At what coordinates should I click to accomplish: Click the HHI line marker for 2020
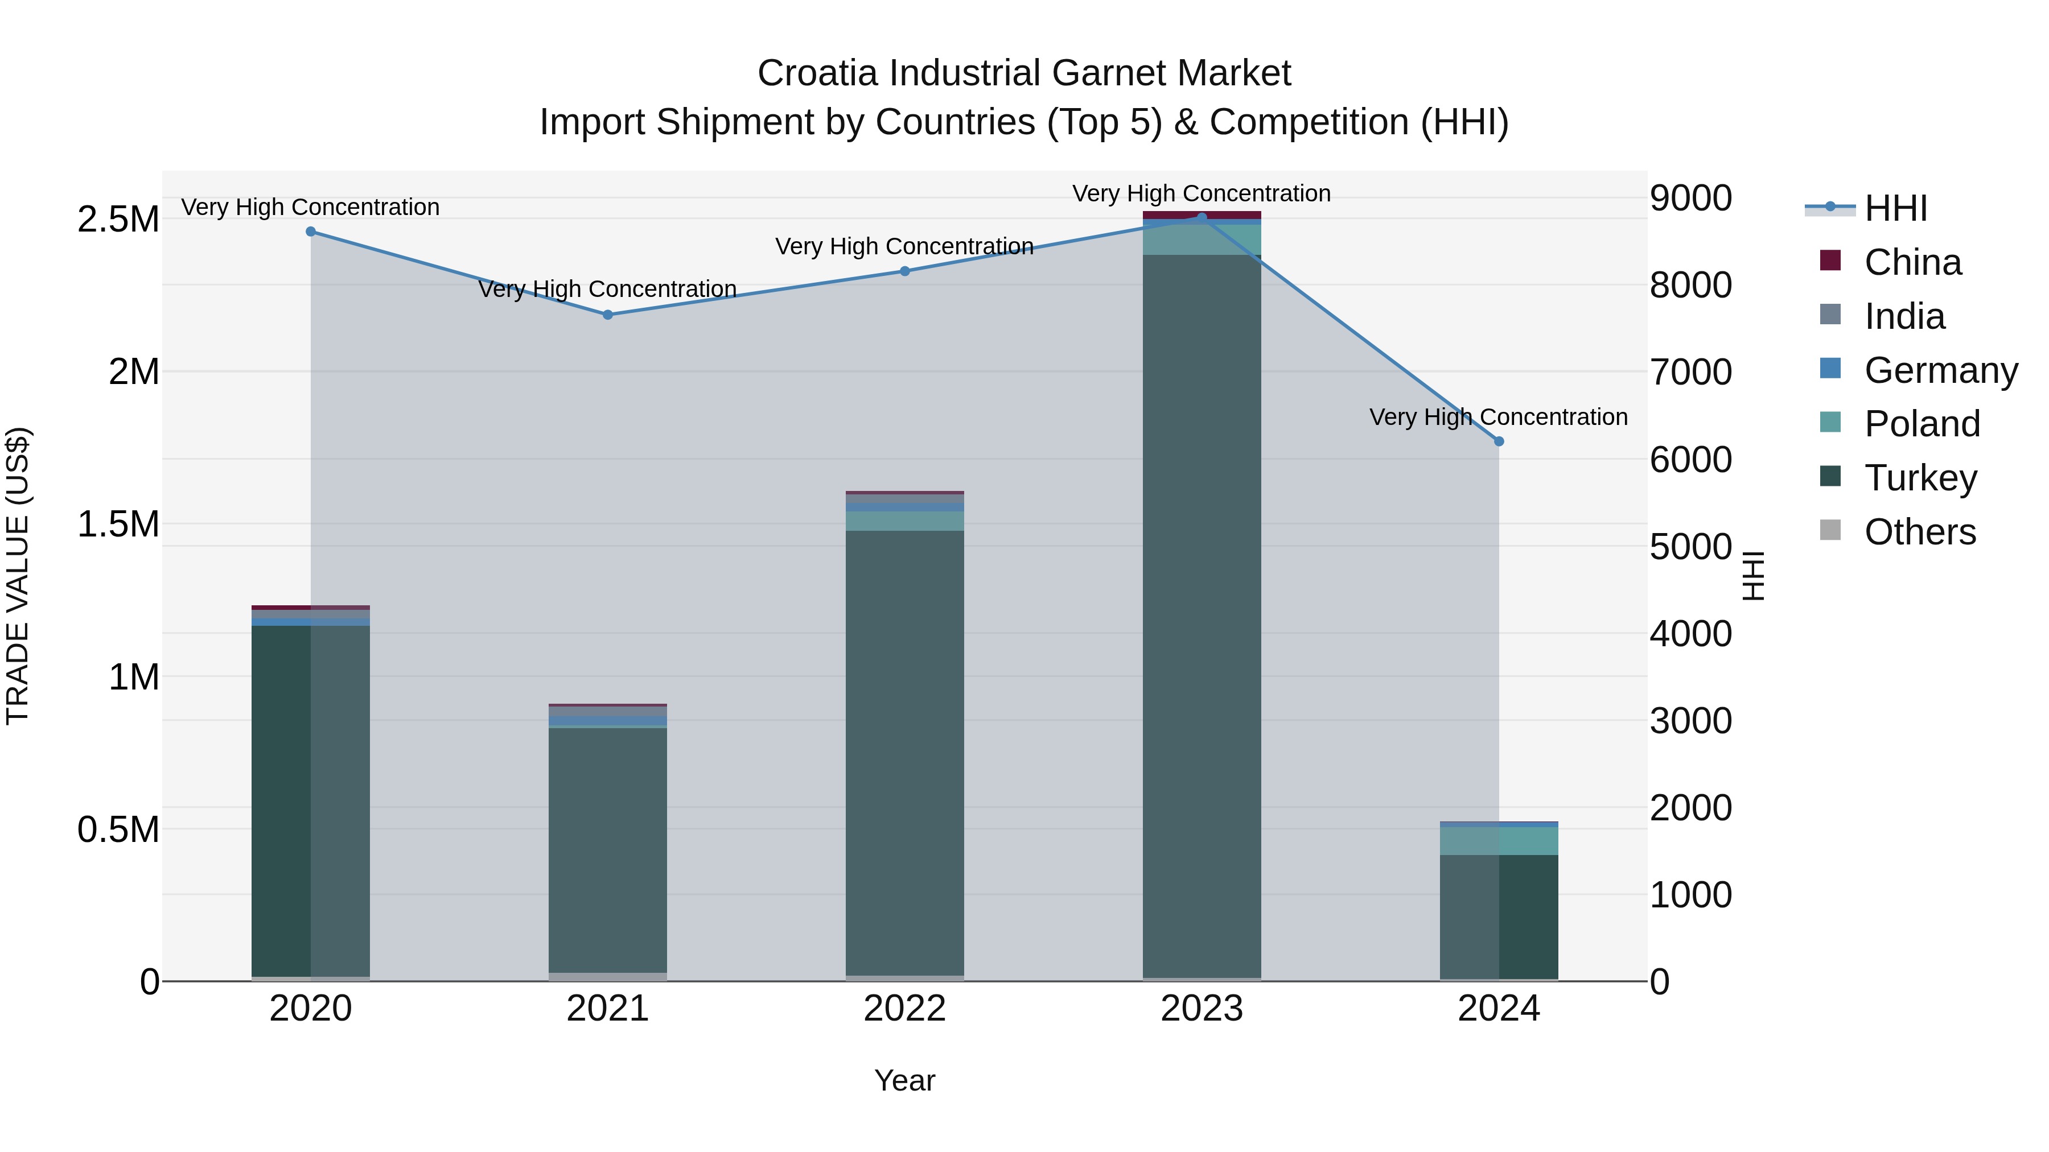coord(310,232)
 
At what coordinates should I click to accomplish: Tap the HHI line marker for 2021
coord(608,315)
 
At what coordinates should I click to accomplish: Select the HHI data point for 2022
coord(904,271)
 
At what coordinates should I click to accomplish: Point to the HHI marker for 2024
coord(1499,441)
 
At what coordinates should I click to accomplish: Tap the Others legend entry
coord(1919,532)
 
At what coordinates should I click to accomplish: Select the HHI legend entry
coord(1895,208)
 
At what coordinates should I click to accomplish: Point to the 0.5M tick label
coord(118,830)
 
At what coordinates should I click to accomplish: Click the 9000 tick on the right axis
coord(1691,198)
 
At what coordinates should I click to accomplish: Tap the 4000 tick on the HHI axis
coord(1691,634)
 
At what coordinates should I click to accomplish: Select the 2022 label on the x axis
coord(904,1009)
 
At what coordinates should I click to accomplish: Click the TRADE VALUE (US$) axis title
coord(18,576)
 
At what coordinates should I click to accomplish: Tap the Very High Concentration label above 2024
coord(1499,418)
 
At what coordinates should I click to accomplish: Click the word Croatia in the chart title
coord(818,73)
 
